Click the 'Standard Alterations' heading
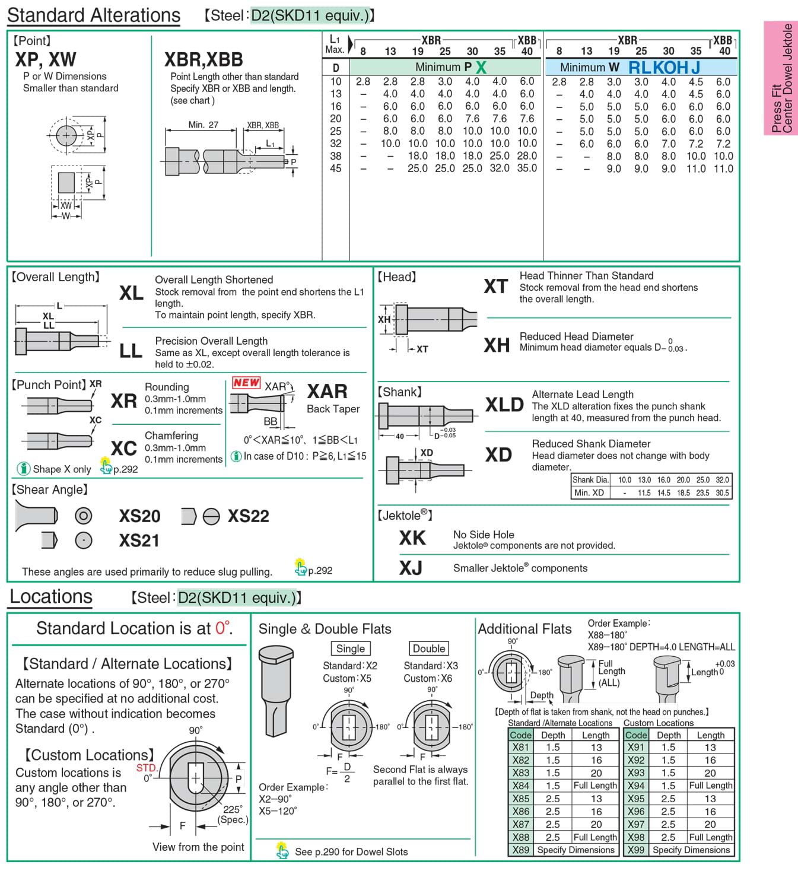[94, 15]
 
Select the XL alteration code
[131, 293]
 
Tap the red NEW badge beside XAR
[246, 383]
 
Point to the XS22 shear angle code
[248, 516]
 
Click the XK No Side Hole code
[412, 538]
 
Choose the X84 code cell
[520, 786]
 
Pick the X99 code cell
[636, 850]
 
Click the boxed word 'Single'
[351, 649]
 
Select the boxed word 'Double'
[429, 649]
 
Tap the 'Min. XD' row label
[589, 492]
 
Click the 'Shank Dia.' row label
[590, 480]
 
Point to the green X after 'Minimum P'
[481, 68]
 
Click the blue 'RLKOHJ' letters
[664, 68]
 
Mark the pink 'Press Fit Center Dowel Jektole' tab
[781, 78]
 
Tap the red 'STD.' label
[146, 768]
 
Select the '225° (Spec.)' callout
[233, 814]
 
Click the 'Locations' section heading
[51, 597]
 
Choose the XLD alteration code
[504, 405]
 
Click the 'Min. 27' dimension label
[203, 125]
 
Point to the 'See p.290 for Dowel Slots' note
[351, 852]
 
